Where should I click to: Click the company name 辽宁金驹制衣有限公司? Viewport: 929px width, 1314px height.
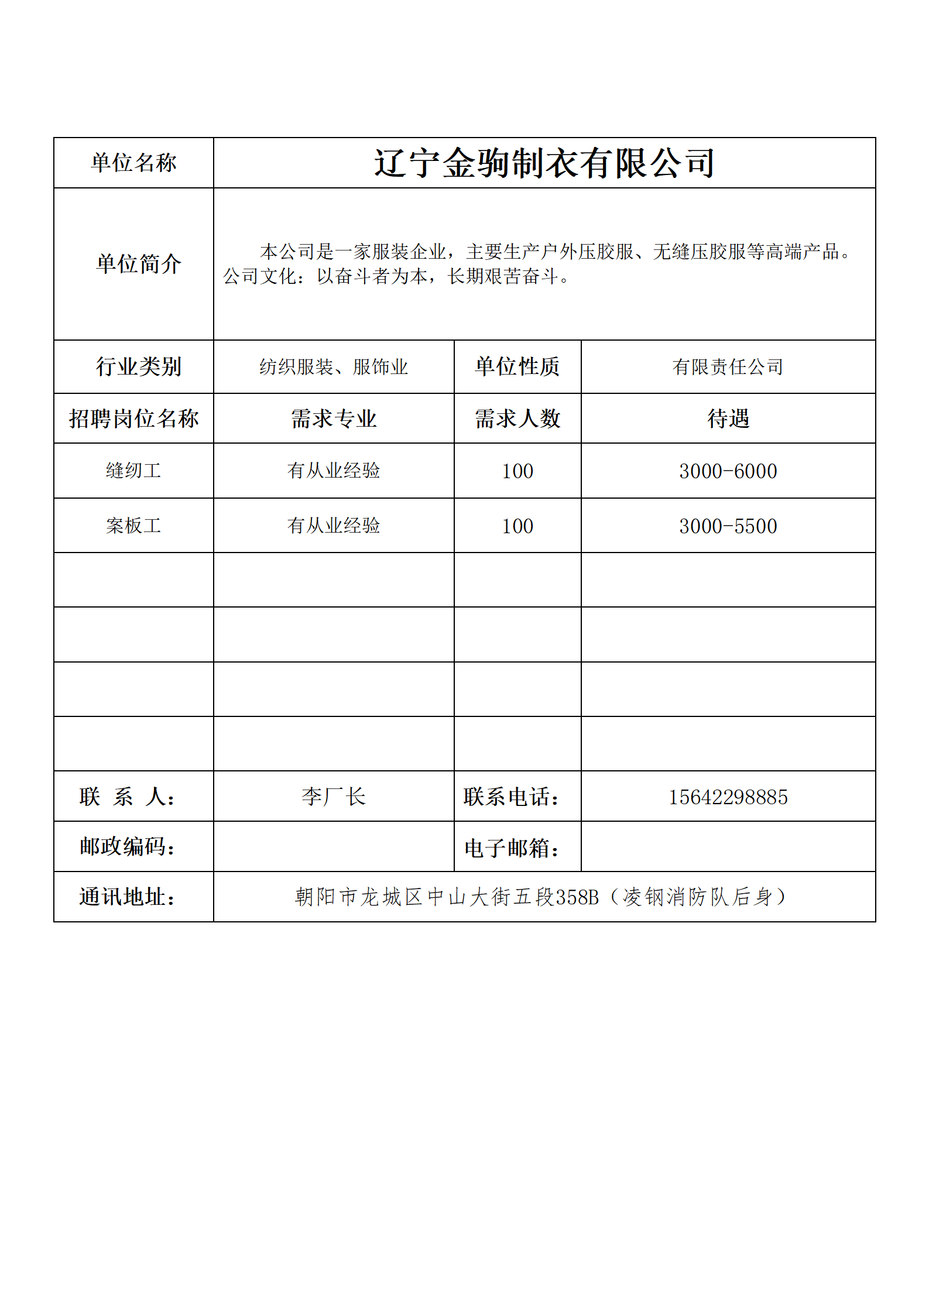(x=544, y=163)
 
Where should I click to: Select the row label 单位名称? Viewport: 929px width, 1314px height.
(x=133, y=163)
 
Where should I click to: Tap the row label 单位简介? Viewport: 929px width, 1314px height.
(x=139, y=264)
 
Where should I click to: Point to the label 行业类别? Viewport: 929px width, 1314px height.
(x=139, y=367)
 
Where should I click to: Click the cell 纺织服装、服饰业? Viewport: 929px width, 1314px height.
(x=334, y=368)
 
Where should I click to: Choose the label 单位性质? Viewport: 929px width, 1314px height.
(x=517, y=367)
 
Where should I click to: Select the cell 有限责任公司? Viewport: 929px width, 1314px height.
(x=728, y=368)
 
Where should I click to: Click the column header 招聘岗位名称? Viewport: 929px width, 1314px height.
(x=133, y=419)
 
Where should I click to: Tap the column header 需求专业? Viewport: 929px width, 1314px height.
(x=334, y=419)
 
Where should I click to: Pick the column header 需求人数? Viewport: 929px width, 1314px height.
(x=517, y=419)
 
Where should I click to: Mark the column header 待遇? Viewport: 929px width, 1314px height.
(x=728, y=419)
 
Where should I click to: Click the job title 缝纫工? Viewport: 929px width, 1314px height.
(x=133, y=471)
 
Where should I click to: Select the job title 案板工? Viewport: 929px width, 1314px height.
(x=133, y=526)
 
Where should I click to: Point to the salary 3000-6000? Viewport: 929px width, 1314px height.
(x=728, y=471)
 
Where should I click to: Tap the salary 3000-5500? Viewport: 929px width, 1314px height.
(x=728, y=526)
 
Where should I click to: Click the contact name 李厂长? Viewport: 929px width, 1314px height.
(x=334, y=797)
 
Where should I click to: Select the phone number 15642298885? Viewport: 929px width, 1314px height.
(x=728, y=797)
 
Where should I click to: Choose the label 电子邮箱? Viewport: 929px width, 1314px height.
(x=512, y=848)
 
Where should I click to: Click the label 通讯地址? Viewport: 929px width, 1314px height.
(x=128, y=897)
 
